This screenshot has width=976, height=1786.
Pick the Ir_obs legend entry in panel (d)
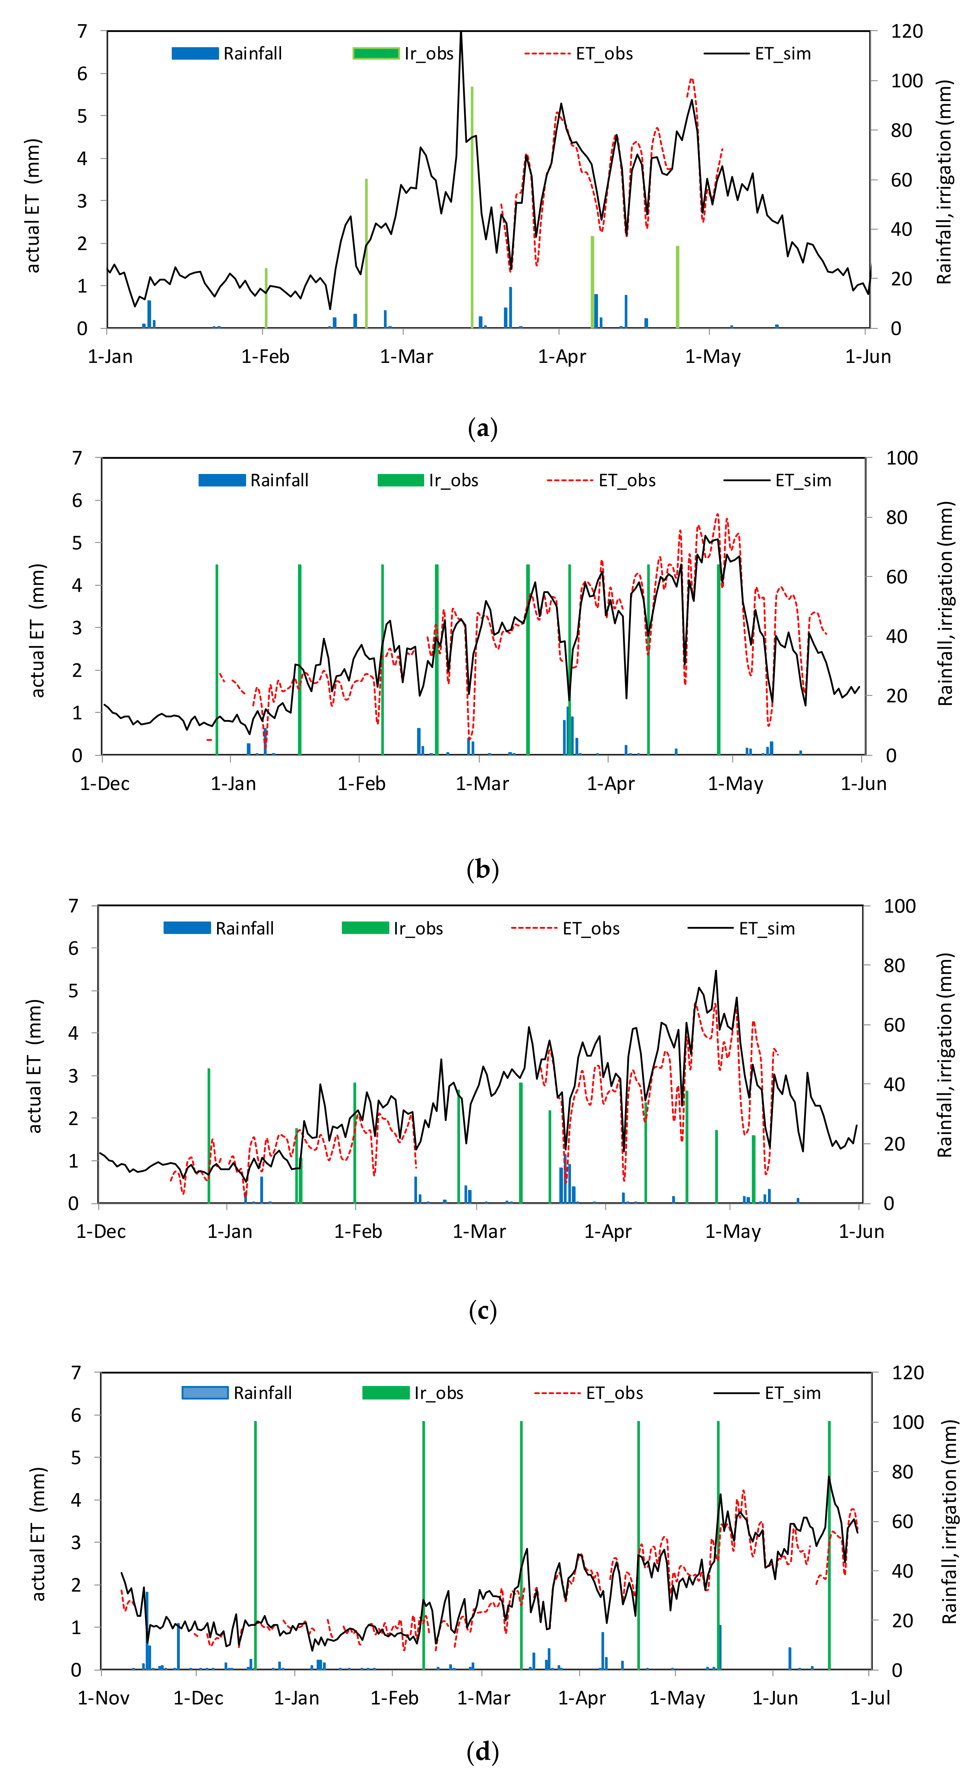[413, 1393]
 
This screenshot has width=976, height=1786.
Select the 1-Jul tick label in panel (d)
[870, 1698]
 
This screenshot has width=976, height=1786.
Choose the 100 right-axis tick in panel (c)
[899, 906]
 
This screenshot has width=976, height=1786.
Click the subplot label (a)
[483, 429]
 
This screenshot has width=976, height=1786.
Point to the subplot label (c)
[483, 1311]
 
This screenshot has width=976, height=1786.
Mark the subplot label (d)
[483, 1752]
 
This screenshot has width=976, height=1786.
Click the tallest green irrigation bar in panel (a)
[472, 208]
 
